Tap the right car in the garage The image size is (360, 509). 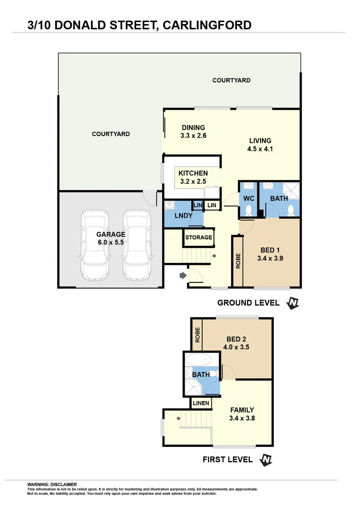pyautogui.click(x=137, y=245)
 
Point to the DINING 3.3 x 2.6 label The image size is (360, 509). pyautogui.click(x=194, y=131)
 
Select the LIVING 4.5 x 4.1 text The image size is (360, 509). pyautogui.click(x=260, y=144)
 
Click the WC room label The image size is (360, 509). pyautogui.click(x=248, y=198)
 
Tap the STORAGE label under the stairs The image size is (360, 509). pyautogui.click(x=198, y=237)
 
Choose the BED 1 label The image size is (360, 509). pyautogui.click(x=270, y=254)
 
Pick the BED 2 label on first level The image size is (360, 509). pyautogui.click(x=236, y=343)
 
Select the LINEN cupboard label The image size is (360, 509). pyautogui.click(x=201, y=403)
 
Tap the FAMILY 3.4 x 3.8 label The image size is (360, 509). pyautogui.click(x=242, y=413)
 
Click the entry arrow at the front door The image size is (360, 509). pyautogui.click(x=183, y=275)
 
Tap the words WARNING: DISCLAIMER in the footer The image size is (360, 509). pyautogui.click(x=52, y=484)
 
